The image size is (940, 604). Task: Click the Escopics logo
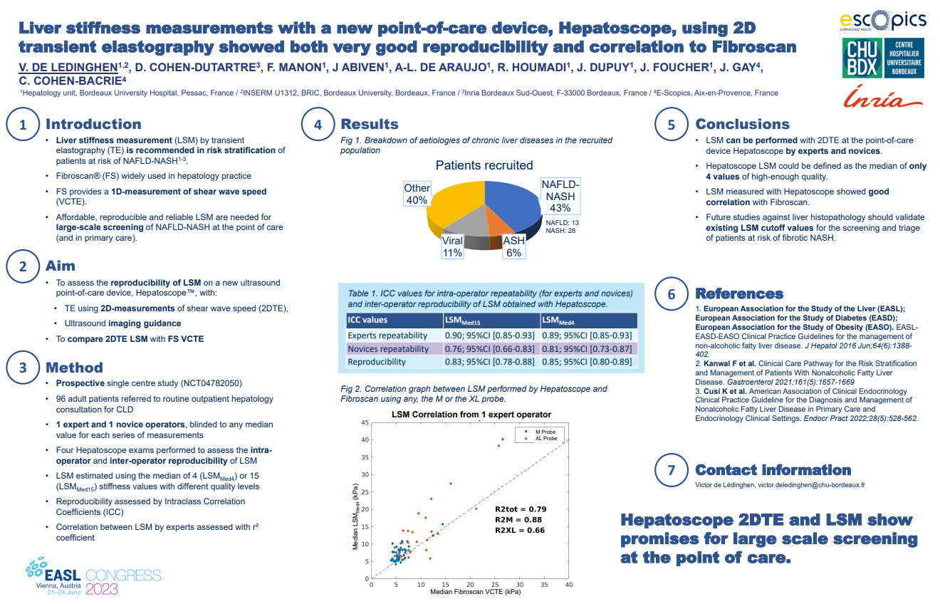[882, 21]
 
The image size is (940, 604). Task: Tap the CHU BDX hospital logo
[882, 58]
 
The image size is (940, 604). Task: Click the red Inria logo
[883, 98]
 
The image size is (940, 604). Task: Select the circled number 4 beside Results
[318, 125]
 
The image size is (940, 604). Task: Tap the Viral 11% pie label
[452, 246]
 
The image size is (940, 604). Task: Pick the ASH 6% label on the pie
[513, 246]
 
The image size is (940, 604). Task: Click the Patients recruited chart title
[484, 165]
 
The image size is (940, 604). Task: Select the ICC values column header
[367, 321]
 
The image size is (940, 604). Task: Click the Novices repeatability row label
[388, 349]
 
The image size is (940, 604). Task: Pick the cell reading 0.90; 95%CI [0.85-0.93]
[489, 335]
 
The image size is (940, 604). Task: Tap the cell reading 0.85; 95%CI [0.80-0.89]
[587, 362]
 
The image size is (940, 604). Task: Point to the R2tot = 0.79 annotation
[521, 509]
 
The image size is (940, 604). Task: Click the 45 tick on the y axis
[365, 423]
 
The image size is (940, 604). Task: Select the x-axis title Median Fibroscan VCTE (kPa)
[470, 592]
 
